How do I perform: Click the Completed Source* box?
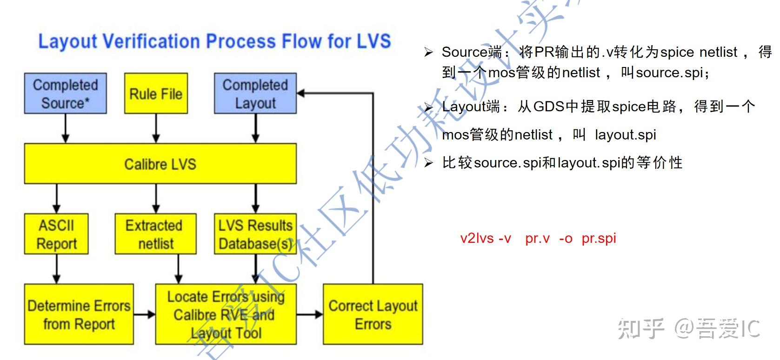click(x=66, y=93)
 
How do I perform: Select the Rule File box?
click(x=156, y=93)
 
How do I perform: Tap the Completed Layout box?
click(x=255, y=93)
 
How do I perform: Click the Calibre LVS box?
click(x=160, y=164)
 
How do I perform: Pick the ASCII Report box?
click(x=56, y=234)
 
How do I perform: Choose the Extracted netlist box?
click(x=155, y=234)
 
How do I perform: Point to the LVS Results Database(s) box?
click(x=255, y=234)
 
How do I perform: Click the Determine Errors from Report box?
click(x=79, y=314)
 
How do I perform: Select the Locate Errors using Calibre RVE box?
click(x=226, y=314)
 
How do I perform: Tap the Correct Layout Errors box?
click(x=373, y=314)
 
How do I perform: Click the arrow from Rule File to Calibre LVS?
click(x=156, y=128)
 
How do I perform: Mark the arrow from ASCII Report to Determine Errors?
click(x=56, y=269)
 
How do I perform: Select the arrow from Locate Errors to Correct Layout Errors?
click(x=310, y=315)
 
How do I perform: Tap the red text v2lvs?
click(x=477, y=238)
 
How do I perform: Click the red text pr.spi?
click(x=599, y=238)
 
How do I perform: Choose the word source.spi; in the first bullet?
click(x=672, y=73)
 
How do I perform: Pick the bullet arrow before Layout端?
click(x=428, y=107)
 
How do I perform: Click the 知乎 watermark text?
click(x=641, y=328)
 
